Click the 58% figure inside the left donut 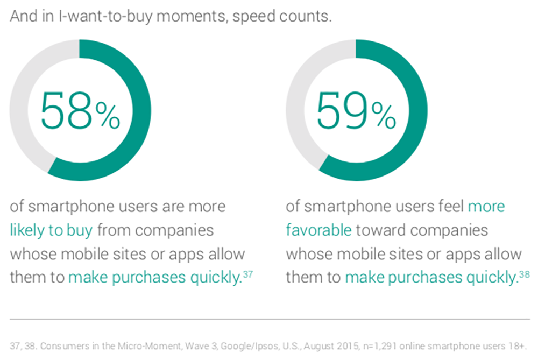[x=80, y=110]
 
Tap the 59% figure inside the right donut [x=356, y=110]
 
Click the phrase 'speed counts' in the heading [x=282, y=17]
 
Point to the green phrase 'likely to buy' [x=51, y=230]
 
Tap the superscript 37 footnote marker [x=247, y=274]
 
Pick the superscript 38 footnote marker [x=524, y=274]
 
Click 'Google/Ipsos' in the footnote [x=249, y=346]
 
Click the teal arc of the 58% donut [x=141, y=110]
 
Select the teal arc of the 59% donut [x=418, y=110]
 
